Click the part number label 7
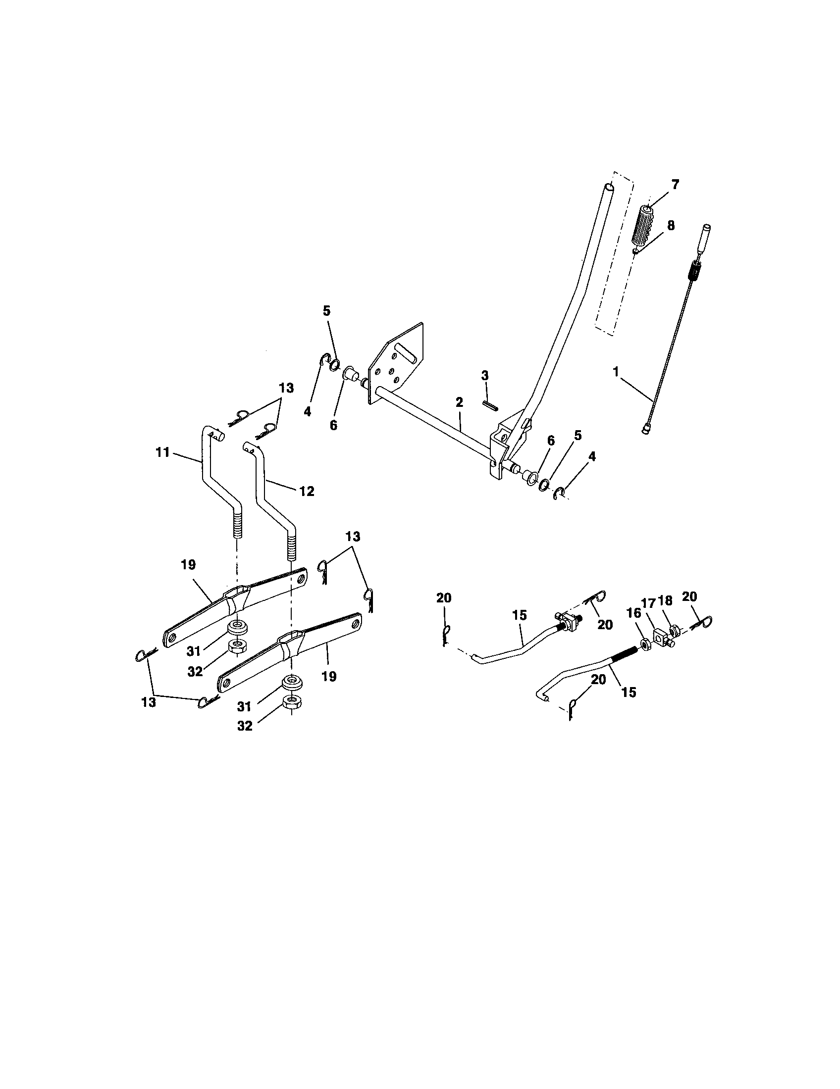pos(675,185)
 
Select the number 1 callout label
pos(616,371)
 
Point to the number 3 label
pos(485,375)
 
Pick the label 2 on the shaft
pos(459,402)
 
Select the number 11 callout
pos(163,453)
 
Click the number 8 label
pos(671,225)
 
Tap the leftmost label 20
pos(443,598)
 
